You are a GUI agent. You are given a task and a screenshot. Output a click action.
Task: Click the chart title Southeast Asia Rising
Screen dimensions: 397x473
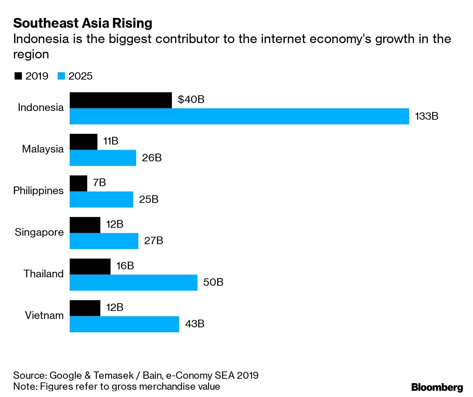click(82, 23)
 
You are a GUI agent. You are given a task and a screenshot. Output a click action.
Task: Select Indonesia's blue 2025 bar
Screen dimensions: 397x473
click(239, 116)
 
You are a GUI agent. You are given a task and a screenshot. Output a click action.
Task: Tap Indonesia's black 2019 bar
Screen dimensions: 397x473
click(120, 100)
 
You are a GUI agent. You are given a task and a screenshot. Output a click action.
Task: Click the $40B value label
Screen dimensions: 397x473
click(191, 99)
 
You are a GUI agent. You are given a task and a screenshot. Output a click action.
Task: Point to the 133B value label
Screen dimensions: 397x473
click(426, 116)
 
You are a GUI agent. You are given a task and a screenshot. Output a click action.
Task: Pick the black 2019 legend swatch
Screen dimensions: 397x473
click(18, 76)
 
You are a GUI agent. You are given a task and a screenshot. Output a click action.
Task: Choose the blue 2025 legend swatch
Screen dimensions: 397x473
click(61, 76)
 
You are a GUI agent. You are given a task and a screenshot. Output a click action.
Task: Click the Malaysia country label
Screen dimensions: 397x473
click(43, 149)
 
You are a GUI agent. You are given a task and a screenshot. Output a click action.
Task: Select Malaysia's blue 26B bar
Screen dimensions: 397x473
click(103, 158)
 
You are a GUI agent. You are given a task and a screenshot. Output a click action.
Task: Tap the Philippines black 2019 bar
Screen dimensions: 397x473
click(78, 183)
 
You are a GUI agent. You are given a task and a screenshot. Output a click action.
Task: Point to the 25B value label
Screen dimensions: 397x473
click(149, 199)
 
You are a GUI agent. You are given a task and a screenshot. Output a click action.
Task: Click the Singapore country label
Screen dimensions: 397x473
click(39, 232)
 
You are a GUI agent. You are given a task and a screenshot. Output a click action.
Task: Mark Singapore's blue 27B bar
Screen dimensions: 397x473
click(104, 241)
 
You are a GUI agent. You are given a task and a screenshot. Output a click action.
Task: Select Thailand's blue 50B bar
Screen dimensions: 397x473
click(133, 282)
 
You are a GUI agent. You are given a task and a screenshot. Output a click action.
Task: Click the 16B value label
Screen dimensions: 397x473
click(125, 266)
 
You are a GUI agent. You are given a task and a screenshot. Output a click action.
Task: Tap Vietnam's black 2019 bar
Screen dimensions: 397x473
click(85, 308)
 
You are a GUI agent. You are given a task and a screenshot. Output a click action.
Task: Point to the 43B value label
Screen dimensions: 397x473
click(195, 324)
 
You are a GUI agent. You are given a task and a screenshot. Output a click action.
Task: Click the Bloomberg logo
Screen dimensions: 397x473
click(437, 387)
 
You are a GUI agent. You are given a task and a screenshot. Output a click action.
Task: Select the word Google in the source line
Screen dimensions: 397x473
click(65, 375)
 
